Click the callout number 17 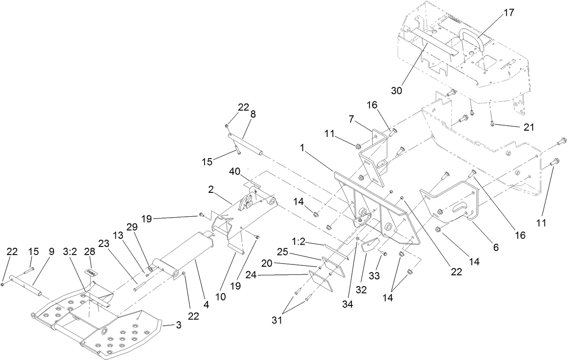[508, 13]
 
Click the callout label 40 [235, 172]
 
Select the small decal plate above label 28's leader [92, 273]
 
